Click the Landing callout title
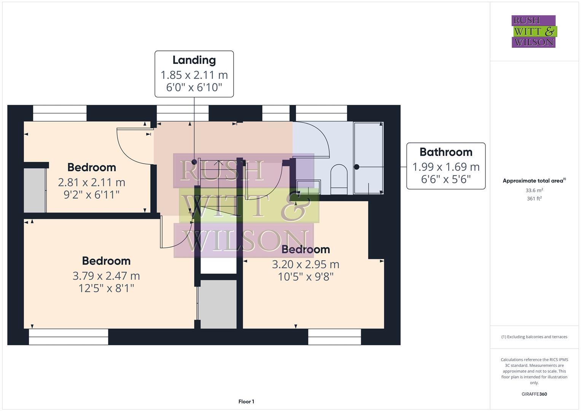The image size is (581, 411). click(x=194, y=60)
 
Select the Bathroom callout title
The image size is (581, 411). click(x=446, y=152)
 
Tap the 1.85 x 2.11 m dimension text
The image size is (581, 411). click(x=194, y=75)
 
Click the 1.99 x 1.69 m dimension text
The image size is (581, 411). click(x=446, y=167)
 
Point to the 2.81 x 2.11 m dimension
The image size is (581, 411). click(x=91, y=182)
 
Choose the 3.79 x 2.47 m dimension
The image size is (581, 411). click(x=106, y=276)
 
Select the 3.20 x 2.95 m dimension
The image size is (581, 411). click(x=306, y=264)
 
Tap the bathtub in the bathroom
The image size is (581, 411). click(x=368, y=158)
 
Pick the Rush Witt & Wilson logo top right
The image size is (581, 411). click(x=533, y=32)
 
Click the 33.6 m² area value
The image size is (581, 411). click(x=534, y=190)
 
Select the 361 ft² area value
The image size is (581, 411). click(x=534, y=199)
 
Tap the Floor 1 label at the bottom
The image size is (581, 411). click(x=246, y=401)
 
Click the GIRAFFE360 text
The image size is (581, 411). click(x=534, y=394)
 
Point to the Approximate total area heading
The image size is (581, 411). click(x=534, y=181)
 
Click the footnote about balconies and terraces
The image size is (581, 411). click(x=534, y=337)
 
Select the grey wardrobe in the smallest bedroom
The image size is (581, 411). click(x=35, y=190)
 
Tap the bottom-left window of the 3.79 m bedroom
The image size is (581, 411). click(x=68, y=337)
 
